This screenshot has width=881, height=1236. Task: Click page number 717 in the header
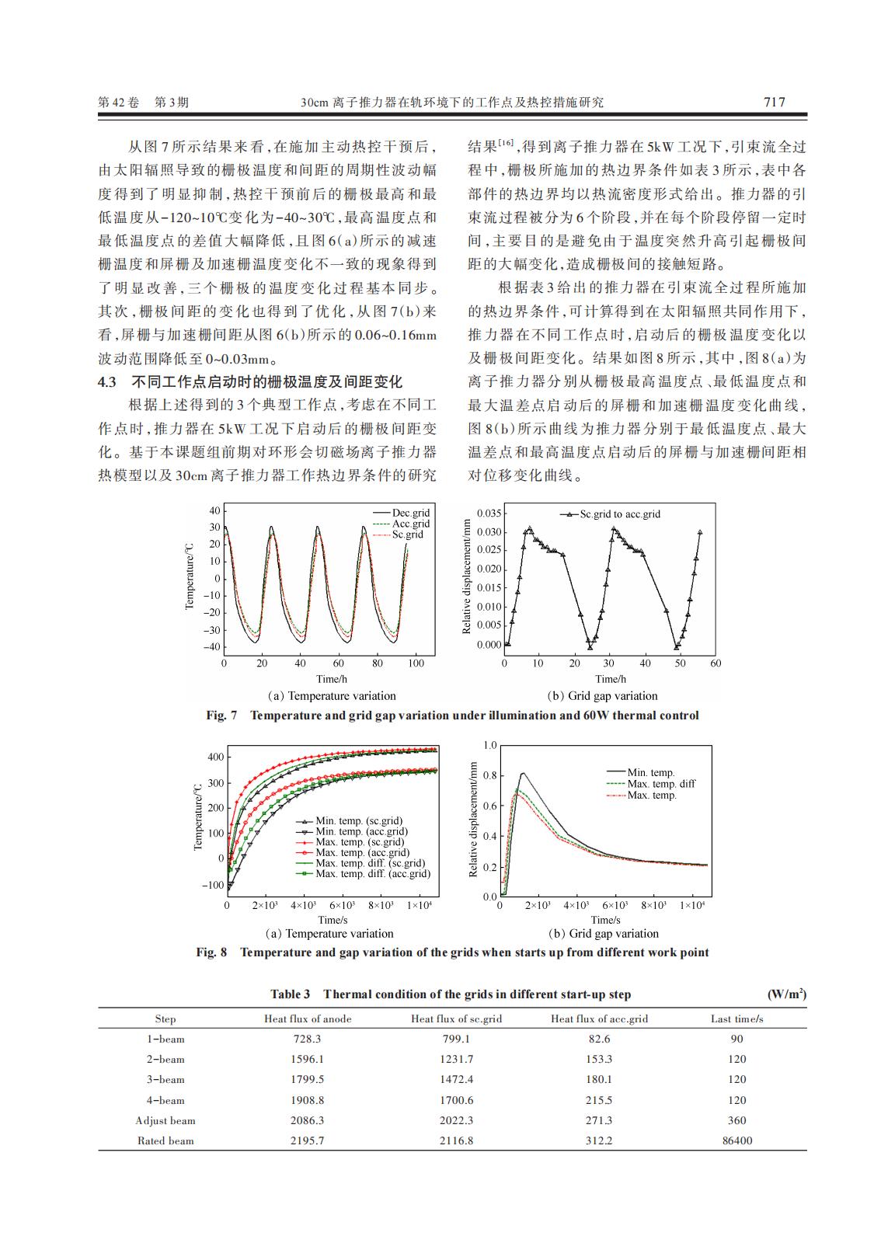tap(775, 102)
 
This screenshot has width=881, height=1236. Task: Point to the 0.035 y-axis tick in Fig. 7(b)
tap(489, 514)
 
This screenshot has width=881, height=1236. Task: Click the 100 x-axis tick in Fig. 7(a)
tap(416, 663)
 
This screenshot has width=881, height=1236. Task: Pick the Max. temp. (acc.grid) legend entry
tap(362, 852)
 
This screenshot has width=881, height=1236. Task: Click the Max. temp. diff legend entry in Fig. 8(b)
tap(661, 784)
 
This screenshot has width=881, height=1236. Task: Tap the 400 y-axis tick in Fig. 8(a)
tap(215, 757)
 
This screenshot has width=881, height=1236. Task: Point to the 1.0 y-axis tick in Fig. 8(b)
tap(489, 746)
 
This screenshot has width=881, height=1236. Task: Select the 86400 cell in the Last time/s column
tap(736, 1140)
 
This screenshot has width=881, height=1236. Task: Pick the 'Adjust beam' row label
tap(165, 1120)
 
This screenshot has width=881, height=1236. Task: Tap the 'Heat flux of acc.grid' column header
tap(599, 1018)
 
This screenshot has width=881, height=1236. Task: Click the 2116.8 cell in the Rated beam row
tap(456, 1140)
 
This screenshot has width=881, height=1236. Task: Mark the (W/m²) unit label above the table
tap(786, 994)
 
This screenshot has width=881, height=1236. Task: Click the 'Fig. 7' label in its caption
tap(221, 715)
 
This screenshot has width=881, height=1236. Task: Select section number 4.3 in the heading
tap(106, 382)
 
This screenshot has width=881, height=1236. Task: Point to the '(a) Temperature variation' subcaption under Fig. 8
tap(329, 934)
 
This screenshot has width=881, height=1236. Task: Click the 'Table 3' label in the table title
tap(290, 994)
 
